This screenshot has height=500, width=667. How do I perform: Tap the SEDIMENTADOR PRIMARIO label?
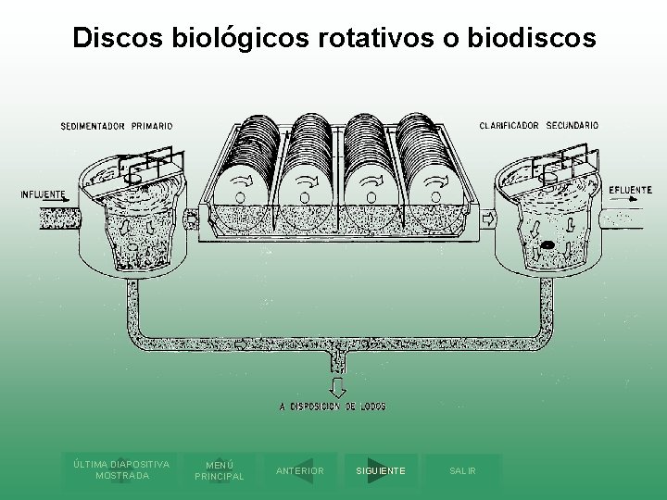coord(117,126)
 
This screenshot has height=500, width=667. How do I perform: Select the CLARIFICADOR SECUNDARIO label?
coord(538,125)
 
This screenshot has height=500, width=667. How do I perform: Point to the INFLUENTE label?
coord(43,194)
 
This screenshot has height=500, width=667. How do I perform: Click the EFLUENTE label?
coord(630,190)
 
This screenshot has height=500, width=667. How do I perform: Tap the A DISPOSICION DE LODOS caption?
coord(333,406)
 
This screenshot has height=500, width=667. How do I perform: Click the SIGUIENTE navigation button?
coord(380,471)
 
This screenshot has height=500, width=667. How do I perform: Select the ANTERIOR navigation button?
coord(300,471)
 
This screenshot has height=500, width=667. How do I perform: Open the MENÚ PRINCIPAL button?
coord(219,470)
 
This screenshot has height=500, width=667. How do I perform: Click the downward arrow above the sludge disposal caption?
coord(337,386)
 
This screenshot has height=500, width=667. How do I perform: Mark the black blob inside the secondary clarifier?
coord(548,245)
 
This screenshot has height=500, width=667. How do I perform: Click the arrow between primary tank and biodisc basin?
coord(192,219)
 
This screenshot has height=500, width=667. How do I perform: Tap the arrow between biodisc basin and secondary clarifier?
coord(487,219)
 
